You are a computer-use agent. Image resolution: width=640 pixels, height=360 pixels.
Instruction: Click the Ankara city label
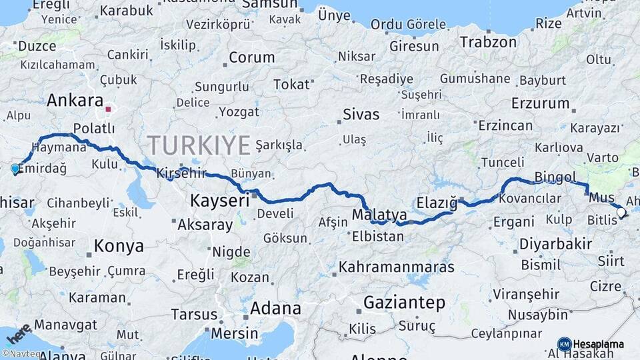[75, 101]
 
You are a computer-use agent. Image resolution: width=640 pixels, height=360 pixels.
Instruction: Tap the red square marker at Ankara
[108, 107]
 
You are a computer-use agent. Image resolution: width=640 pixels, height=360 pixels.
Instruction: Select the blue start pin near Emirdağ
[15, 169]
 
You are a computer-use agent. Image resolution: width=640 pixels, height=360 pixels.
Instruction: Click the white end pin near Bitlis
[621, 213]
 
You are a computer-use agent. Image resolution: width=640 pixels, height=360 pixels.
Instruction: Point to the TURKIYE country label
[199, 145]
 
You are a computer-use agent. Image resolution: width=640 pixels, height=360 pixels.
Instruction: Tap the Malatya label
[379, 215]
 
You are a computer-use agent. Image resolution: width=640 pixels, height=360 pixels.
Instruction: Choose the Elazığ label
[437, 201]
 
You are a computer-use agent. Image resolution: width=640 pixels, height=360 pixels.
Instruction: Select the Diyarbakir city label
[555, 243]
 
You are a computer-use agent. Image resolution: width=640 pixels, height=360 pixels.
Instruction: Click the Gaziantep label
[404, 303]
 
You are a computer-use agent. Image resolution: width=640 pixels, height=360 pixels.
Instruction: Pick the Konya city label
[119, 246]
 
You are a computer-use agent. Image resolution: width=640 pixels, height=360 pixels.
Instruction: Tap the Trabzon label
[488, 42]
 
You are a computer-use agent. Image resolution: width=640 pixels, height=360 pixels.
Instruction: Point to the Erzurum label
[540, 103]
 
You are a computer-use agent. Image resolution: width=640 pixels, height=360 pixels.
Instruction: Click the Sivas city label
[361, 114]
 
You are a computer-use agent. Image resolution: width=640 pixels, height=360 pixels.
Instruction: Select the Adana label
[275, 309]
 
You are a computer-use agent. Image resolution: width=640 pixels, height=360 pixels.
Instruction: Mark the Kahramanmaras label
[397, 267]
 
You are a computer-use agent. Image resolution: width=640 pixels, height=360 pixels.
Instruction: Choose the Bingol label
[555, 177]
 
